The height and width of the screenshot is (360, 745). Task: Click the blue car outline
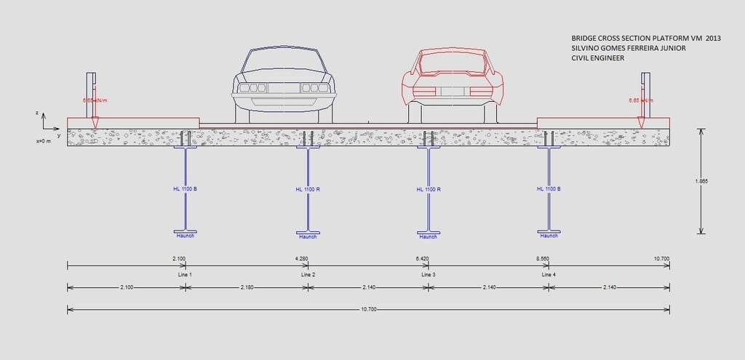point(284,84)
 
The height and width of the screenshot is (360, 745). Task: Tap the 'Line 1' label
point(185,274)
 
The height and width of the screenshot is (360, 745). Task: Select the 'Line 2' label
point(308,274)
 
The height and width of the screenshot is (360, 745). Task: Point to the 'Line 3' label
point(429,274)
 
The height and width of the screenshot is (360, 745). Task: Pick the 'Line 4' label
point(549,274)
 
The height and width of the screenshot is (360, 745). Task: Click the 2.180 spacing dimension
point(247,288)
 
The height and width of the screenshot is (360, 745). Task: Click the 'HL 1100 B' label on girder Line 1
point(185,189)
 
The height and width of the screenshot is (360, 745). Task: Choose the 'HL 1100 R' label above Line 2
point(308,189)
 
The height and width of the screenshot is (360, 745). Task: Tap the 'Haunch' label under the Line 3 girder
point(429,236)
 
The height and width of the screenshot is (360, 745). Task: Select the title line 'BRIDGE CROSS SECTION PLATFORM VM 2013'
point(645,38)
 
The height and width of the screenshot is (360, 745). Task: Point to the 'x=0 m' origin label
point(44,141)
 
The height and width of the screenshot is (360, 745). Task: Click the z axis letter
point(36,113)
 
